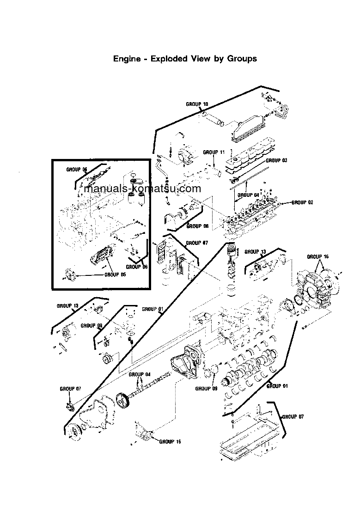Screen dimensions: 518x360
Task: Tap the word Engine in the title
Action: point(125,59)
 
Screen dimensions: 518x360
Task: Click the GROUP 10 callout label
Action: point(197,104)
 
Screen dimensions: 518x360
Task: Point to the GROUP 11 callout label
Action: point(214,152)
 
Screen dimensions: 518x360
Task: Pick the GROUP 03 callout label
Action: point(277,160)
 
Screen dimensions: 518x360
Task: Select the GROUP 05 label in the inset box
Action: point(115,274)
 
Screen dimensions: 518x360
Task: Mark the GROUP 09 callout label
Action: point(206,389)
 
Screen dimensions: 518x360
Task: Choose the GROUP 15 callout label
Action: point(170,442)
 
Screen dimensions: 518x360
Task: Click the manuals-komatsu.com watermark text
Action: point(142,189)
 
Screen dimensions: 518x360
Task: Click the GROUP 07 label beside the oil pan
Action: point(293,416)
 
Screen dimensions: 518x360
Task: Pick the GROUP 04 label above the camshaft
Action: point(140,374)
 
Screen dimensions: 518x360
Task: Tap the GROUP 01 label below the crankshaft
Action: point(277,386)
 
